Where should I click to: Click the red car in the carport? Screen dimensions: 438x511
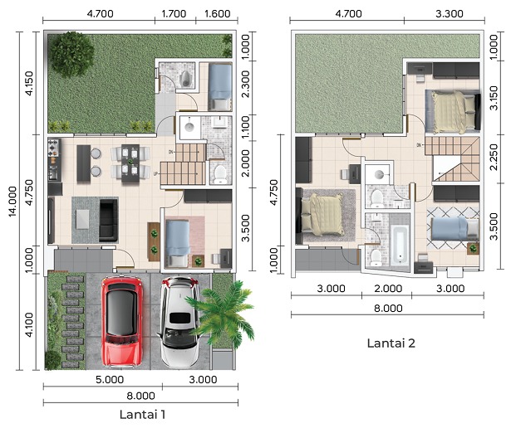tap(122, 320)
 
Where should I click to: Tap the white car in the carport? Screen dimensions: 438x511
tap(179, 323)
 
